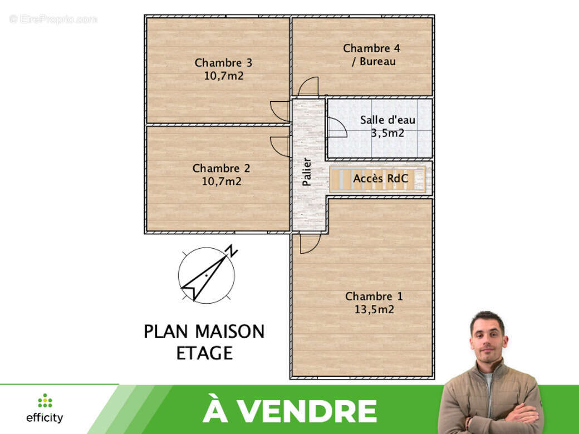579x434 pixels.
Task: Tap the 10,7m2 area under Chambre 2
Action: point(222,181)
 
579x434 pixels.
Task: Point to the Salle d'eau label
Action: point(387,120)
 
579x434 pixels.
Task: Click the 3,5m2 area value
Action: point(387,133)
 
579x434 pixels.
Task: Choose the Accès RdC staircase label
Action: point(381,179)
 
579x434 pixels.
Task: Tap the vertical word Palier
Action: point(307,171)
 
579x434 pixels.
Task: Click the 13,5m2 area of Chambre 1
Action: point(374,309)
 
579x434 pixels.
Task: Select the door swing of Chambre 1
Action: point(309,244)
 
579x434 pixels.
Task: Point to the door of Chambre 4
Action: point(308,87)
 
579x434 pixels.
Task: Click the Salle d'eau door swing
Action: point(336,128)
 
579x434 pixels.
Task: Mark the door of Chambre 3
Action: point(281,111)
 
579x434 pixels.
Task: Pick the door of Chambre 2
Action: point(280,146)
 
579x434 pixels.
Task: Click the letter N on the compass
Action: point(232,251)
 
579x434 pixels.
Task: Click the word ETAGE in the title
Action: point(204,353)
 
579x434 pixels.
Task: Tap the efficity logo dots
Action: point(45,401)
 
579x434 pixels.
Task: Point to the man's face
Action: point(488,336)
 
